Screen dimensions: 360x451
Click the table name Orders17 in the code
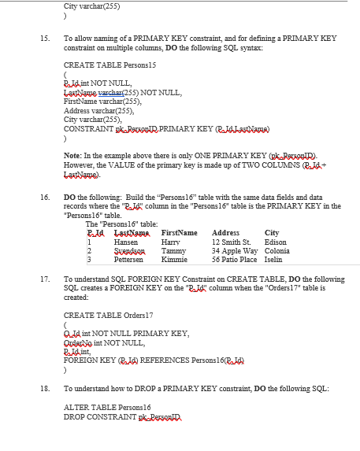127,315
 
